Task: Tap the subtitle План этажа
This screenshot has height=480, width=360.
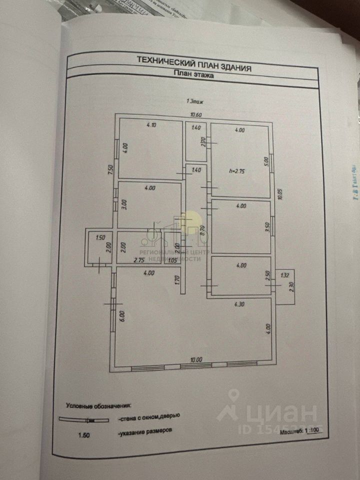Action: pyautogui.click(x=192, y=73)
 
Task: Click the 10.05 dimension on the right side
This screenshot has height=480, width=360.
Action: pyautogui.click(x=281, y=194)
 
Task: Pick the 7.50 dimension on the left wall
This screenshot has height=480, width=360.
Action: pyautogui.click(x=110, y=171)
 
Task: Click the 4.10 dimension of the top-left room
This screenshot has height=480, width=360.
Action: pyautogui.click(x=151, y=126)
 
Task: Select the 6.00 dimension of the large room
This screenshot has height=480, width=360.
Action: pyautogui.click(x=121, y=316)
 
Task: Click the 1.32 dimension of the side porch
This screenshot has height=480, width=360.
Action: pyautogui.click(x=285, y=275)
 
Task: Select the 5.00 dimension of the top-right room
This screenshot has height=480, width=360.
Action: pyautogui.click(x=266, y=161)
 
